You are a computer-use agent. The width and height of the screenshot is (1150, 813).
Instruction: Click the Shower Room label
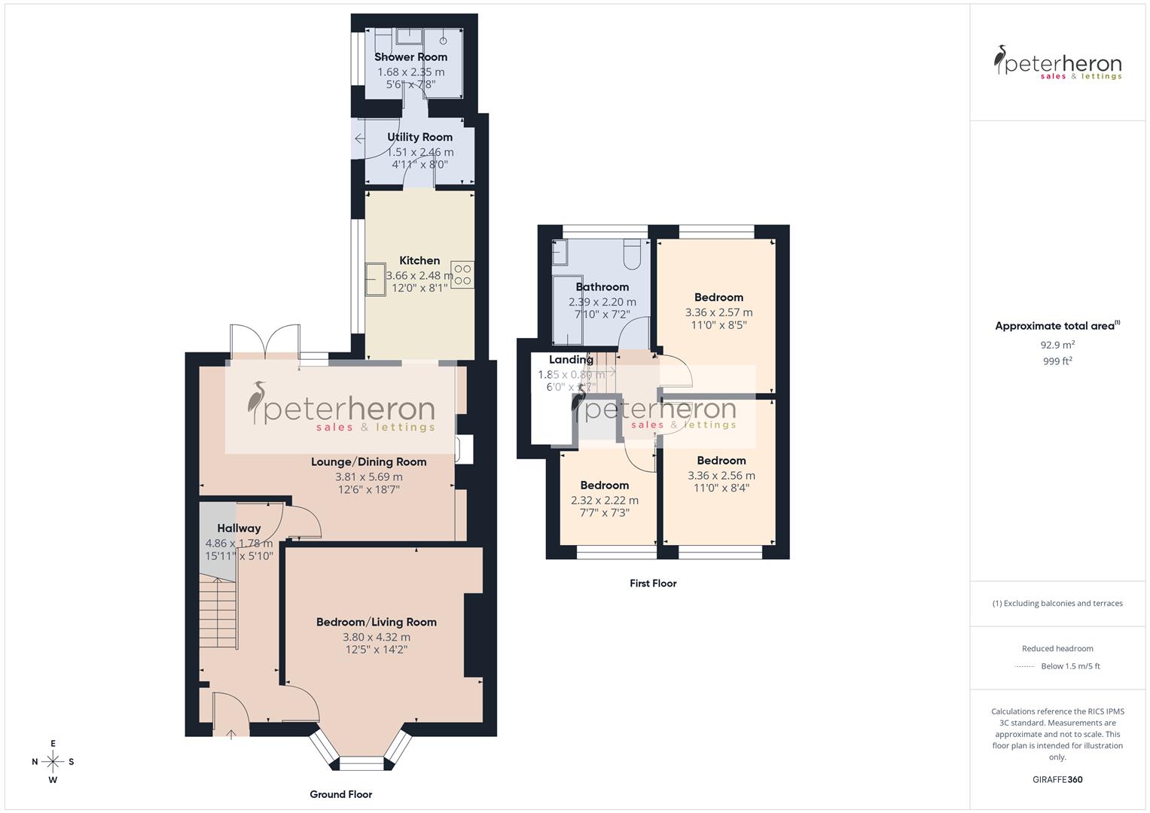point(410,57)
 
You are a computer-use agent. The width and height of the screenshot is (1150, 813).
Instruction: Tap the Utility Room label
point(419,137)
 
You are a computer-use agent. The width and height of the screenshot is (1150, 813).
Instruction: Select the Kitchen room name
point(419,260)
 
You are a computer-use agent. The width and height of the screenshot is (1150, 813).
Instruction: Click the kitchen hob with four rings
point(462,274)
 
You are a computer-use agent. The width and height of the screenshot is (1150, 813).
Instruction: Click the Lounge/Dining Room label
point(368,462)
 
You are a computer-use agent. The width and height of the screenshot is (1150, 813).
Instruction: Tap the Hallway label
point(239,528)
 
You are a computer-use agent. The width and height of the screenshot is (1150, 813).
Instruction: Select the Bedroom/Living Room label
point(376,622)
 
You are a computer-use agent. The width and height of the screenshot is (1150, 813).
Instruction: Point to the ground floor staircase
point(218,610)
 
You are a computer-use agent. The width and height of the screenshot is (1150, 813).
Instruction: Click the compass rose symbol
point(53,761)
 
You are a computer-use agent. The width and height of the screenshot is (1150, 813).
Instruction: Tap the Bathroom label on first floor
point(602,287)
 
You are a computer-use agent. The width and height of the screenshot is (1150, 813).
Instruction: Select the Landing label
point(571,360)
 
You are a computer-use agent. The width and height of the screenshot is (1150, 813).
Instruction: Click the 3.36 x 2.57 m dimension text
point(718,312)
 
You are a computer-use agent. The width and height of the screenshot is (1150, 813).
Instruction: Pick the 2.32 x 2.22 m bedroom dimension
point(604,500)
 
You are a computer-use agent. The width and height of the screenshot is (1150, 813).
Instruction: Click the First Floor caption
point(653,583)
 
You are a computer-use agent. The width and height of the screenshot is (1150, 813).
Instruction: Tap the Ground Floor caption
point(340,794)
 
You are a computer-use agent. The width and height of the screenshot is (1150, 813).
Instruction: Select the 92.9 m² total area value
point(1057,345)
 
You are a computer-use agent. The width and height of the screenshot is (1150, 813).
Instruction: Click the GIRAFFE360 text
point(1057,779)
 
